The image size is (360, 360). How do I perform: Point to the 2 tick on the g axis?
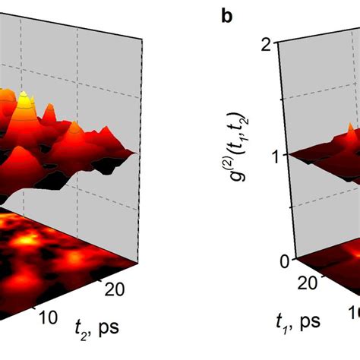coord(267,44)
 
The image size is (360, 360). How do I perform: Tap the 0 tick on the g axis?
coord(267,261)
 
